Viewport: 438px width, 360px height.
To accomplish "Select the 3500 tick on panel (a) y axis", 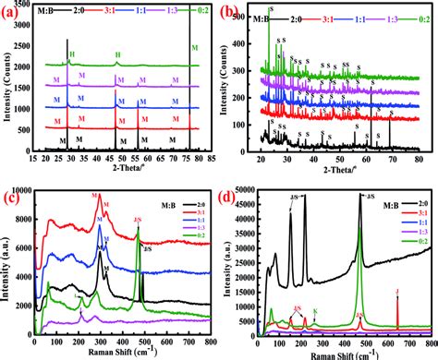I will pos(26,16).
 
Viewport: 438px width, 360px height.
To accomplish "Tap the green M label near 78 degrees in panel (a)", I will pos(194,47).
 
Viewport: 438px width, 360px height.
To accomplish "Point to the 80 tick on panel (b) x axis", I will pos(419,157).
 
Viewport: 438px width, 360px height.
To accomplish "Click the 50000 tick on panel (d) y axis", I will pos(244,190).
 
